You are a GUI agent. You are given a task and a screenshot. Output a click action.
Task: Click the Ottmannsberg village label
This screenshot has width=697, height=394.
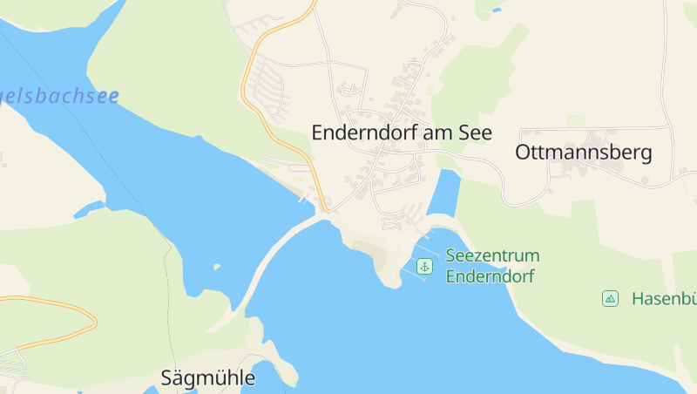583,153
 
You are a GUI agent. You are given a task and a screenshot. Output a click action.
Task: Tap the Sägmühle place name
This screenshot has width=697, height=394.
208,378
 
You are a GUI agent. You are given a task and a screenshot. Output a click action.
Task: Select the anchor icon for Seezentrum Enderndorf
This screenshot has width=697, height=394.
424,266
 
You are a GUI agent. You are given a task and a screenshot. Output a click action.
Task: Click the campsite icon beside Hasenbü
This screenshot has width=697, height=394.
610,299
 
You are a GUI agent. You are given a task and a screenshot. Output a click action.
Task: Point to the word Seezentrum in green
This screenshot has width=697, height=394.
492,256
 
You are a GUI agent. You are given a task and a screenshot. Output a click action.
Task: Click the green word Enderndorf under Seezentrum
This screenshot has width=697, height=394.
490,276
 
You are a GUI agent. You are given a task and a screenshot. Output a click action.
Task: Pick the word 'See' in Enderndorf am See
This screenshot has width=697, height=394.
477,133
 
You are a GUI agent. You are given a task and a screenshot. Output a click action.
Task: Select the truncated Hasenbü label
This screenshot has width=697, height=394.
664,299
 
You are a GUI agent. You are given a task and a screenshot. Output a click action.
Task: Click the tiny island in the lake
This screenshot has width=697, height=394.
216,267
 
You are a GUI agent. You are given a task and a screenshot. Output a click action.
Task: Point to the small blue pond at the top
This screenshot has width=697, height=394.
497,10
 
